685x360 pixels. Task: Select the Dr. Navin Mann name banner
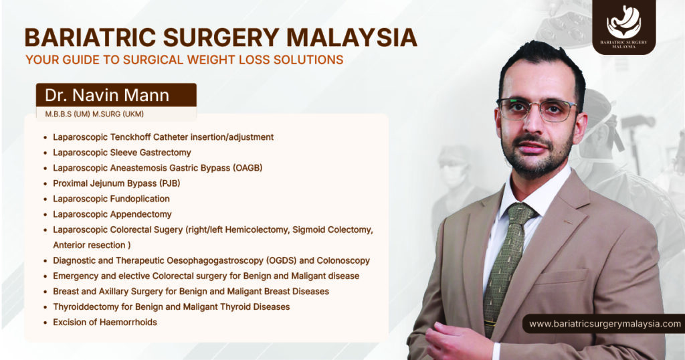pos(116,94)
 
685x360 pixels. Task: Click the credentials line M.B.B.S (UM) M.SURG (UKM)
pos(94,114)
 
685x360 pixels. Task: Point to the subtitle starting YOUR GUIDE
pos(184,60)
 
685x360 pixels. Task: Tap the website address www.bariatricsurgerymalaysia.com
pos(605,324)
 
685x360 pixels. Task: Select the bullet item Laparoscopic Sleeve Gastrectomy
pos(122,153)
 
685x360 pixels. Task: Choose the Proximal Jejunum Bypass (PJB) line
pos(116,183)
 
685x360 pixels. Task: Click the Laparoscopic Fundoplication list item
pos(111,199)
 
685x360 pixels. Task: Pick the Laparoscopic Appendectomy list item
pos(112,214)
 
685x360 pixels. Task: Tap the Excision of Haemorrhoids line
pos(105,323)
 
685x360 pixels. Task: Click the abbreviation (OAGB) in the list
pos(248,168)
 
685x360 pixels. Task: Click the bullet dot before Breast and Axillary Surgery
pos(45,292)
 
